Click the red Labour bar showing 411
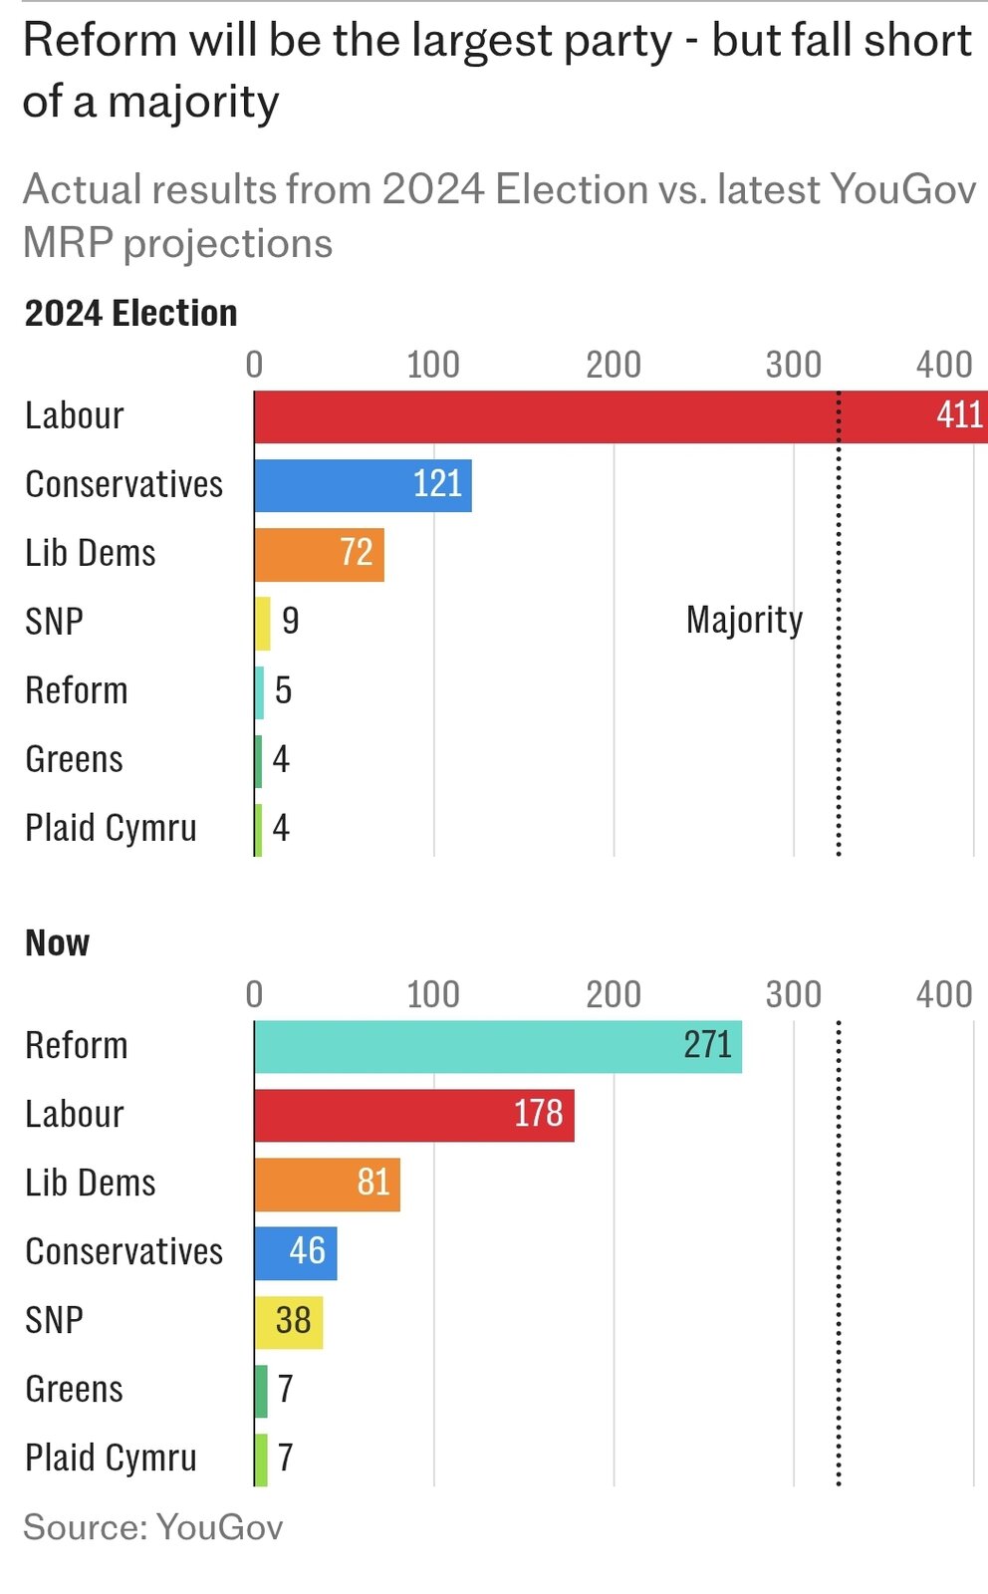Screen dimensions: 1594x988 tap(598, 416)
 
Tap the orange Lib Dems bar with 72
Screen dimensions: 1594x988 tap(319, 554)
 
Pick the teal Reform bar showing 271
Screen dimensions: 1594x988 tap(498, 1046)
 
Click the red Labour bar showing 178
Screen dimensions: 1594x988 tap(414, 1115)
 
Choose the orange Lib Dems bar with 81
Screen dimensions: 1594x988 tap(327, 1184)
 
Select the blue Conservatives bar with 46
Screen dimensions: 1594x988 tap(296, 1252)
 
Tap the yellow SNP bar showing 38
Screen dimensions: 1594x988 tap(289, 1321)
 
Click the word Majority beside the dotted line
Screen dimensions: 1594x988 tap(744, 621)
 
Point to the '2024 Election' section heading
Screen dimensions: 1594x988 tap(131, 314)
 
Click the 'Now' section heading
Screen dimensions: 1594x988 tap(58, 943)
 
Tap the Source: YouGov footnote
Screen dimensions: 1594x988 tap(153, 1527)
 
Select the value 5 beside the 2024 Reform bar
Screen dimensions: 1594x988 tap(284, 690)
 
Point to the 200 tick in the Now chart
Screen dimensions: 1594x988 tap(614, 994)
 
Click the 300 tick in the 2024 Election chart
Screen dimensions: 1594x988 tap(794, 365)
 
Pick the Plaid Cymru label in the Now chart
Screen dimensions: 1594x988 tap(112, 1458)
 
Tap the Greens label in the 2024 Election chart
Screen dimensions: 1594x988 tap(75, 759)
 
